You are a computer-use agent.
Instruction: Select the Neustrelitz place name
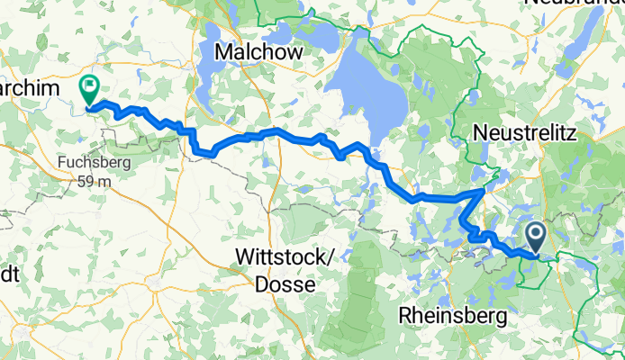524,133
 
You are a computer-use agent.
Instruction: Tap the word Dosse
285,283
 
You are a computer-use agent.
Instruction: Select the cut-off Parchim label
29,87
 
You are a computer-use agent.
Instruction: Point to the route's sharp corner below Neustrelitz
485,190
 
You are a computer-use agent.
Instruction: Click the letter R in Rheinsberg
405,317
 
